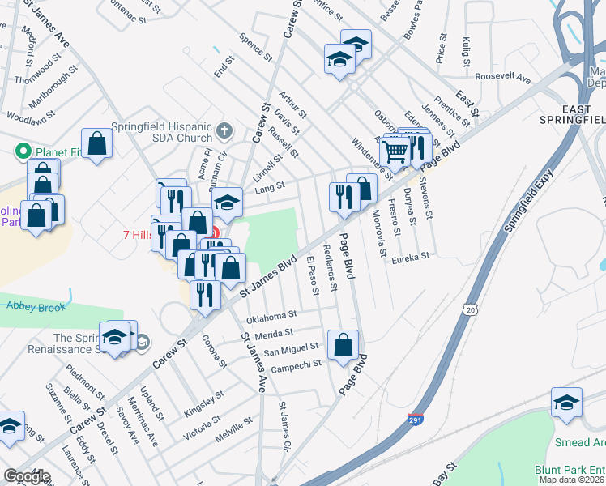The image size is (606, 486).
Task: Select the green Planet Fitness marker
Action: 23,151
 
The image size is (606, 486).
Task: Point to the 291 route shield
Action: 415,420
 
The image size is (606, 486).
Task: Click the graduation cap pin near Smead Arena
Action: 566,401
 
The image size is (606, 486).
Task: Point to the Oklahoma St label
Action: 271,315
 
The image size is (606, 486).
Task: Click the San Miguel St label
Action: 292,350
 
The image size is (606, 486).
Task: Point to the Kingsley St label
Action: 203,402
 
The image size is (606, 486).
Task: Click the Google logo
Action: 27,476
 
